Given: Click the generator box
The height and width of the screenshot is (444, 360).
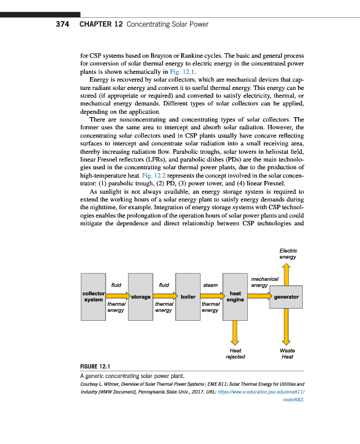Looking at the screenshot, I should tap(287, 297).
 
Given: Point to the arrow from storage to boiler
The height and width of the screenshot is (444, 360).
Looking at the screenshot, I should tap(164, 297).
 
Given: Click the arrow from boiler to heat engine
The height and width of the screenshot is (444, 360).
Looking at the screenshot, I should tap(211, 297).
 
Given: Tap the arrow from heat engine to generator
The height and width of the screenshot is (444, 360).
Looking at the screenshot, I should tap(259, 297).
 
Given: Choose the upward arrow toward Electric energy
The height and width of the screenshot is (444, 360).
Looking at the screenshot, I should tap(287, 274).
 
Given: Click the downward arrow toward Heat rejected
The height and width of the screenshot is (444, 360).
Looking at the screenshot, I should tap(235, 333).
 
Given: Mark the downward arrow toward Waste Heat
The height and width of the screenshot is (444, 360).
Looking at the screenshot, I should tap(287, 327).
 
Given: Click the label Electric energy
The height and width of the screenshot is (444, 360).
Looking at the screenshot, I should tap(288, 254).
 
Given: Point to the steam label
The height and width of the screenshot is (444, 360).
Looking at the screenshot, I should tap(210, 285).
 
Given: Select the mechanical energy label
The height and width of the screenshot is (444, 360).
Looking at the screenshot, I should tap(261, 282).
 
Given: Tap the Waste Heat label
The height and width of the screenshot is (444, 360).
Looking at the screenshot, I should tap(287, 354).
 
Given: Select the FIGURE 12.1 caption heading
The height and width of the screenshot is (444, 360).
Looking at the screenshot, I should tap(96, 366).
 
